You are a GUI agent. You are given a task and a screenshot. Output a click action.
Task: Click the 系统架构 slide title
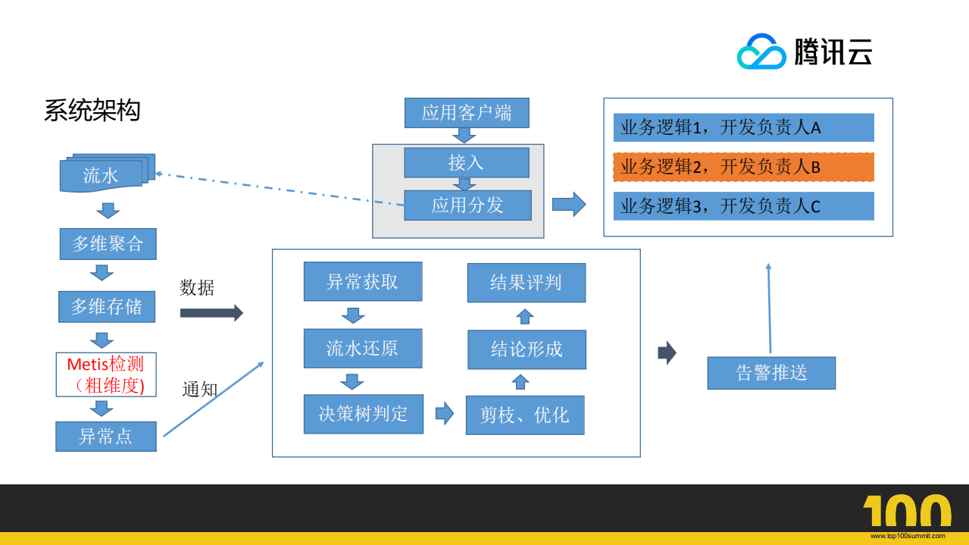click(92, 111)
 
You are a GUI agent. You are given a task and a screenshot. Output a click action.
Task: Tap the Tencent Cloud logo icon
click(761, 52)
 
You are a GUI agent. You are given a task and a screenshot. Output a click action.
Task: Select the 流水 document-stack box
click(105, 174)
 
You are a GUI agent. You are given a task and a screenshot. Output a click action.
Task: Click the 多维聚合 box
click(108, 244)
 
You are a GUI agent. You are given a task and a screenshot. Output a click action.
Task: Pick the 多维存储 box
click(107, 307)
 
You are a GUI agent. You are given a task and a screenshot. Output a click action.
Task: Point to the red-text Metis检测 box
click(105, 374)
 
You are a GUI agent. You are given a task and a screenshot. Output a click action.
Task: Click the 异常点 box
click(105, 437)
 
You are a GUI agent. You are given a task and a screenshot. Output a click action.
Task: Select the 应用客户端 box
click(467, 113)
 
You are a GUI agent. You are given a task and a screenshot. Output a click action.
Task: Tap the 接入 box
click(466, 162)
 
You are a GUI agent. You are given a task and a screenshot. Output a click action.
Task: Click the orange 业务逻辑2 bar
click(743, 167)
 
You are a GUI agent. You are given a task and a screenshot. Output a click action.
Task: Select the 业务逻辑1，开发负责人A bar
click(743, 127)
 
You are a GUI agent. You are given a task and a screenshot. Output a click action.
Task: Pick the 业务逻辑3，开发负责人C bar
click(743, 206)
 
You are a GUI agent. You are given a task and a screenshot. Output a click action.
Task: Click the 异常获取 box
click(362, 282)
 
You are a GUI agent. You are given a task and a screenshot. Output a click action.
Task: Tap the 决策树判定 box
click(363, 414)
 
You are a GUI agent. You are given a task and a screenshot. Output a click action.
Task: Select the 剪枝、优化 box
click(524, 415)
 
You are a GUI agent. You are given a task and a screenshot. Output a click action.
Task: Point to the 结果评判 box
click(526, 283)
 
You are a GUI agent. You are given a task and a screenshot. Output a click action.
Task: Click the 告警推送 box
click(771, 373)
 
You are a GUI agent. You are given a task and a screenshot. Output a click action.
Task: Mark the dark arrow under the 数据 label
click(211, 312)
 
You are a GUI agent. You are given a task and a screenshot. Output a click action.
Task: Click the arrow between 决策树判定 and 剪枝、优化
click(444, 414)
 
